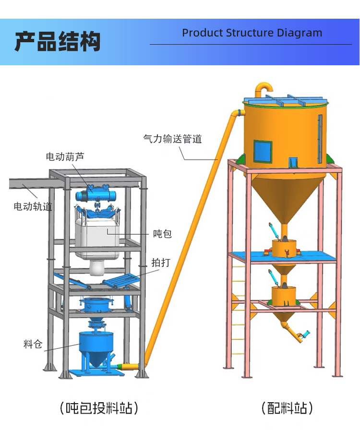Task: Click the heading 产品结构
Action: [x=57, y=41]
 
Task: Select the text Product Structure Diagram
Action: [x=252, y=33]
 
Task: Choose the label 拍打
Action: [x=160, y=263]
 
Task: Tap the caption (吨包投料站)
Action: [x=99, y=408]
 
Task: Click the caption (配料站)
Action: [x=287, y=408]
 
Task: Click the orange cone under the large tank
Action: [x=284, y=197]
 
